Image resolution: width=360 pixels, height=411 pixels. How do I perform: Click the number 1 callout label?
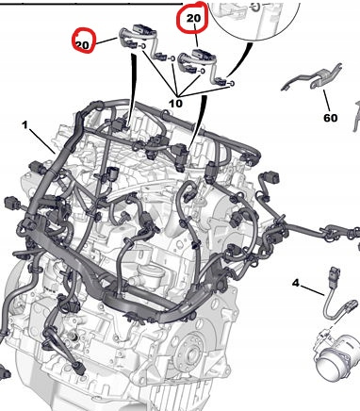tap(25, 125)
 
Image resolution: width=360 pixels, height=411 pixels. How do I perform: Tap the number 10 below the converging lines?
tap(175, 104)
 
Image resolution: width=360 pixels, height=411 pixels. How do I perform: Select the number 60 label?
tap(330, 118)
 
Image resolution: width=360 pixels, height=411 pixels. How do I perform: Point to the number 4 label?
tap(296, 283)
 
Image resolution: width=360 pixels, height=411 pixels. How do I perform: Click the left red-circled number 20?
tap(82, 45)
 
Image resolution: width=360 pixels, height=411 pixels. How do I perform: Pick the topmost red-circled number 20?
tap(193, 18)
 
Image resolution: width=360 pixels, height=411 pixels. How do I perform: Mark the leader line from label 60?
tap(327, 100)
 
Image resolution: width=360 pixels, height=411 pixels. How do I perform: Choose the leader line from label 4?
tap(312, 290)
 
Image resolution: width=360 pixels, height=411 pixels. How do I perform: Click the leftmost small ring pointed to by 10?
tap(143, 46)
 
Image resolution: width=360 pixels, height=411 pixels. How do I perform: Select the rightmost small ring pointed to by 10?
tap(232, 83)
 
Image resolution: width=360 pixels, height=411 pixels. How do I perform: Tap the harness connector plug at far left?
tap(11, 203)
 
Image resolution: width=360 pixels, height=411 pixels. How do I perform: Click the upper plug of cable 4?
tap(335, 272)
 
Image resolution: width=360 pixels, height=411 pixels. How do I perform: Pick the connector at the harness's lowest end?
tap(80, 369)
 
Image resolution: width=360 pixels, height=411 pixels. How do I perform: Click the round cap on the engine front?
tap(151, 271)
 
